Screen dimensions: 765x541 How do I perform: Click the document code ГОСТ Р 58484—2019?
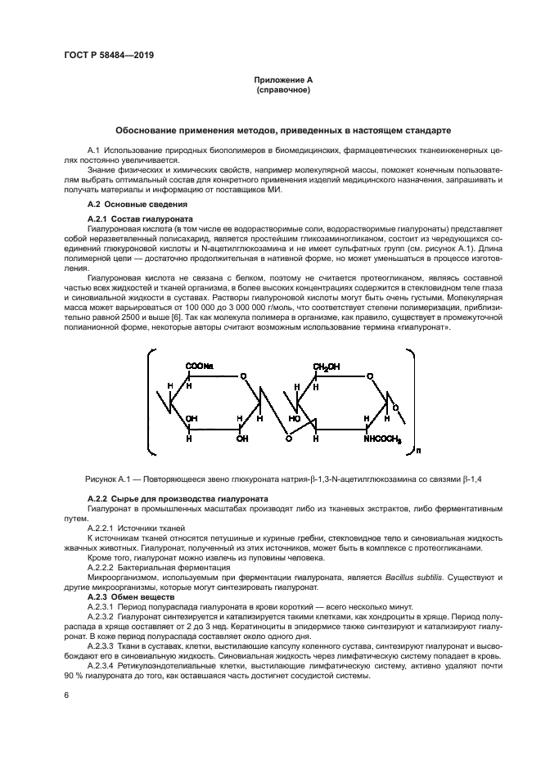[109, 56]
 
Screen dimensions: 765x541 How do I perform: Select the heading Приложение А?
[282, 79]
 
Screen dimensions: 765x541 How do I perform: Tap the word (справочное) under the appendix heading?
[282, 90]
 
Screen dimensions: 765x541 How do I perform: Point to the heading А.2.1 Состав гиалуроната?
[139, 219]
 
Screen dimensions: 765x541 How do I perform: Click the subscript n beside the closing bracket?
[419, 448]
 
